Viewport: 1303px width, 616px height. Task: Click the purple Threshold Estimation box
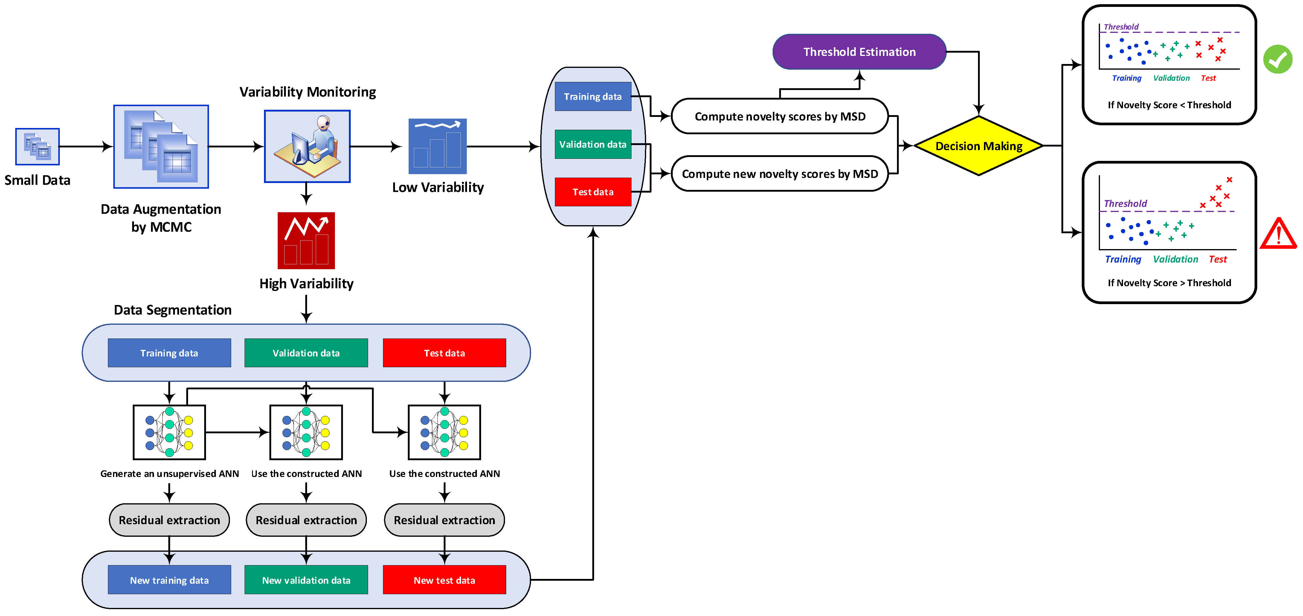(859, 52)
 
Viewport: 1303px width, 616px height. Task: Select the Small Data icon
(37, 147)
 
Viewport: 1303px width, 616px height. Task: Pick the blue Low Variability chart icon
(437, 146)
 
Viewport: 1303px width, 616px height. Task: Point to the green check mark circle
(1278, 60)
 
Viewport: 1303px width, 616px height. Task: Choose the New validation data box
(306, 580)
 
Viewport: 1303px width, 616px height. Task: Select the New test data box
(444, 580)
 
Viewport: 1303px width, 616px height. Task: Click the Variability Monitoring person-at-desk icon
(307, 146)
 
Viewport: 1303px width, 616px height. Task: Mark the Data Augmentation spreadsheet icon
(161, 147)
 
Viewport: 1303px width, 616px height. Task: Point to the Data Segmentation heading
(173, 309)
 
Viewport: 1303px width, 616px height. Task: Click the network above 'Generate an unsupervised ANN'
(169, 432)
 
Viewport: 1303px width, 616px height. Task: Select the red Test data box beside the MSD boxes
(593, 192)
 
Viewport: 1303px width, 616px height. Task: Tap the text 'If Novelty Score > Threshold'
(1169, 283)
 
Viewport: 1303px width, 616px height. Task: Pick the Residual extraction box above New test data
(444, 520)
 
